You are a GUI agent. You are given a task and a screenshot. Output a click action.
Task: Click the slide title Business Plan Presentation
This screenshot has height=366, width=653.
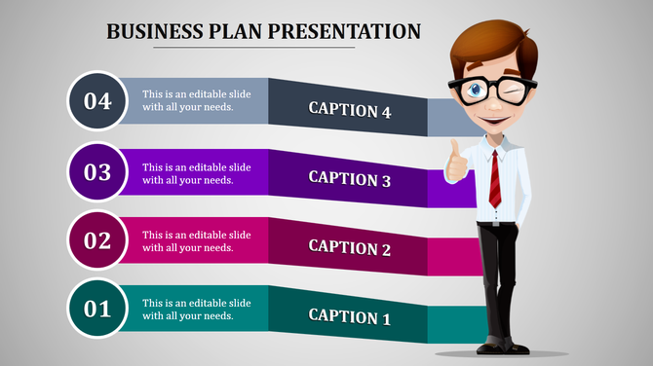263,31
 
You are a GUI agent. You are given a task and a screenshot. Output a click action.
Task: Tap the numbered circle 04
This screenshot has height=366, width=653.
96,100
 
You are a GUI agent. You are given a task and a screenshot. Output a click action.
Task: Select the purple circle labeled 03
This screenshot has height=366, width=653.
96,172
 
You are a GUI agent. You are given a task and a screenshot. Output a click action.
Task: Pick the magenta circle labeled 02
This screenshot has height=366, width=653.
96,240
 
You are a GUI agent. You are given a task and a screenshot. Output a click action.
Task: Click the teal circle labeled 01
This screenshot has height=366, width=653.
96,310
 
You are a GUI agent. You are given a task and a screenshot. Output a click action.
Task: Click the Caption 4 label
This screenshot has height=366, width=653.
349,110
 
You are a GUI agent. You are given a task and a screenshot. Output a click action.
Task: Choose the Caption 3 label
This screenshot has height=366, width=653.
349,178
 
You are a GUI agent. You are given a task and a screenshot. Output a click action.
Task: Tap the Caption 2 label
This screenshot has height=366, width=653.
349,246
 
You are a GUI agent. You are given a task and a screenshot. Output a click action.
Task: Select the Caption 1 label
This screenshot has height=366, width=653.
349,316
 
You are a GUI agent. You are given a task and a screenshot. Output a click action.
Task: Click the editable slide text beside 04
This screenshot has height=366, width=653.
196,100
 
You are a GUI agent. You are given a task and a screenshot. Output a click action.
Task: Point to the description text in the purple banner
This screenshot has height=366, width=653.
196,172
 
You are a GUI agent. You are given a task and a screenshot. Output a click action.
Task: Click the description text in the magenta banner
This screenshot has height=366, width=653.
196,240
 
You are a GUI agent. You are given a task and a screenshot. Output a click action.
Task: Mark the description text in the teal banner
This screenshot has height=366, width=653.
196,309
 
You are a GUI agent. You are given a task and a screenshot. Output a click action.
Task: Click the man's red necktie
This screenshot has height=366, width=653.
495,179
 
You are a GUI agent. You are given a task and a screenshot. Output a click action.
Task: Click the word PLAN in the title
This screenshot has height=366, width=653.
234,31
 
